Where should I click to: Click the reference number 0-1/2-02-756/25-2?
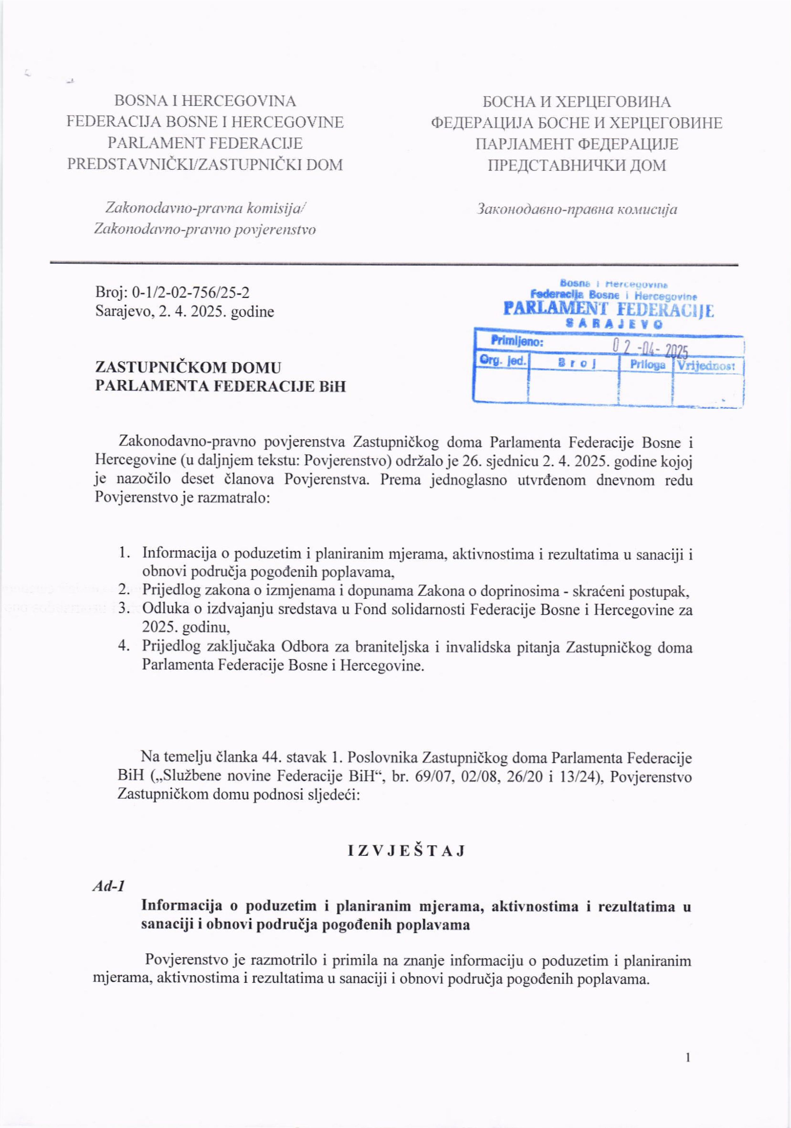(191, 293)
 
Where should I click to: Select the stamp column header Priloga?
(647, 365)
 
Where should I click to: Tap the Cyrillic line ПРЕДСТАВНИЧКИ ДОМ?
(577, 165)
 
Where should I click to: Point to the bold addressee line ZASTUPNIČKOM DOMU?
(189, 368)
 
